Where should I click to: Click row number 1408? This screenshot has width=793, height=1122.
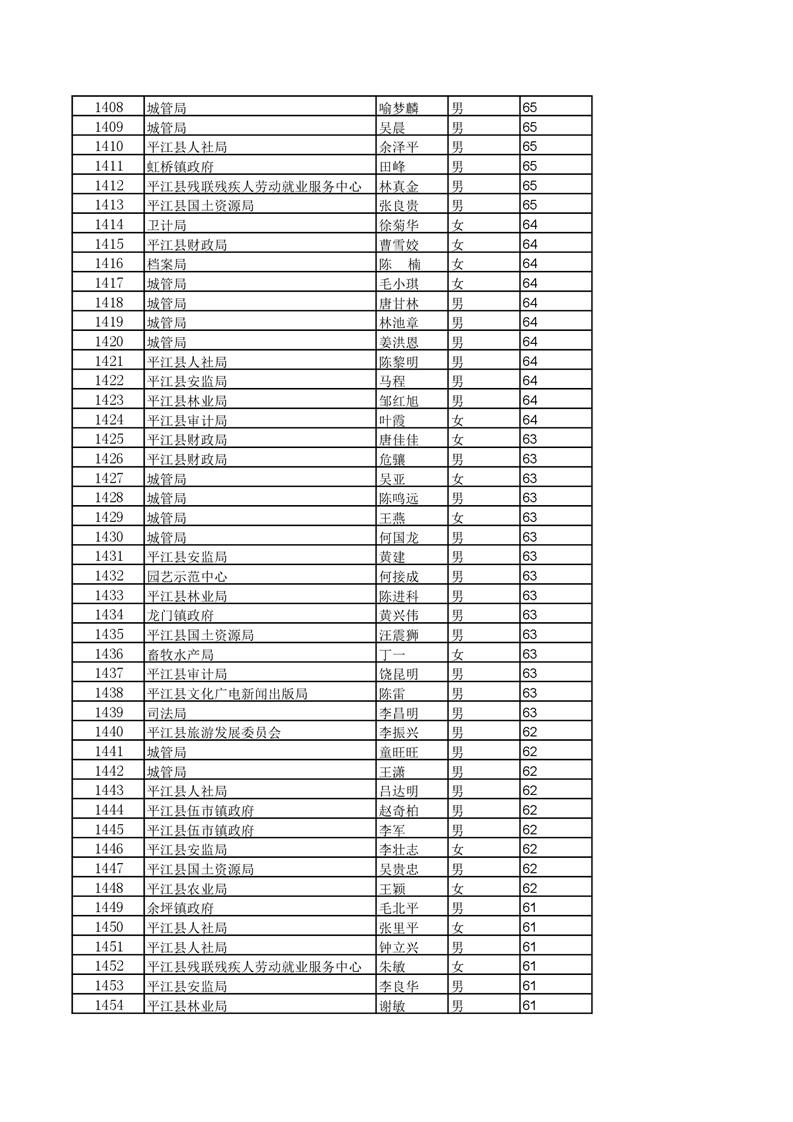(108, 107)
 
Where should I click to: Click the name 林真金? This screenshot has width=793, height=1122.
(398, 186)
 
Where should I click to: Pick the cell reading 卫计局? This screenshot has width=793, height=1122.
(166, 225)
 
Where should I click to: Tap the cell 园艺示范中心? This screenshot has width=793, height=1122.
(186, 577)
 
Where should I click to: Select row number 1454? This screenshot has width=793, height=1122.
(108, 1006)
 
